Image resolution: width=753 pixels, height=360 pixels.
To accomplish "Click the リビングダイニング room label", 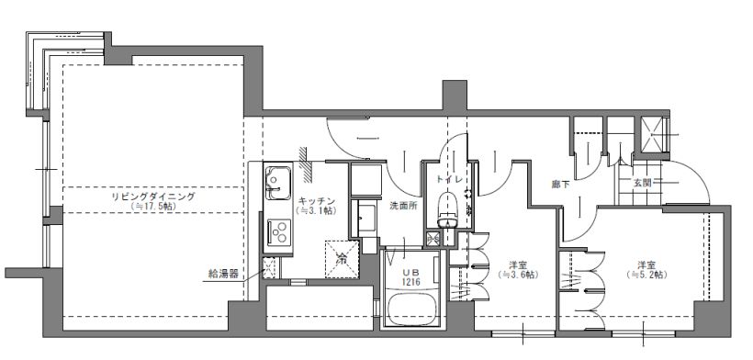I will click(153, 197).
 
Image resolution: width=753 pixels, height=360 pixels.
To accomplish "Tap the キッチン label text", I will click(315, 200).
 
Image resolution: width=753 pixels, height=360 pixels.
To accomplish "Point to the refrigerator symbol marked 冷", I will click(342, 258).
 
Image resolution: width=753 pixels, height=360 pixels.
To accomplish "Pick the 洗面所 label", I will click(402, 205).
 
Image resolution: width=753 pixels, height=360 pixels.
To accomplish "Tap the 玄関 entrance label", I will click(641, 183).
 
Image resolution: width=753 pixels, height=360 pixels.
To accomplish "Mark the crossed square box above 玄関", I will click(656, 135).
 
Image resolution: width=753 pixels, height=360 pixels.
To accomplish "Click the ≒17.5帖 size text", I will click(153, 208).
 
